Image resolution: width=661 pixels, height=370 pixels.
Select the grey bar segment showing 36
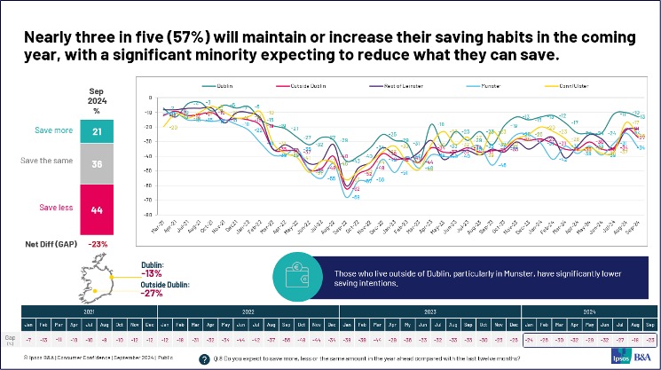coord(98,164)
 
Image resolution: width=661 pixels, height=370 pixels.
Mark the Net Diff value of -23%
coord(98,244)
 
